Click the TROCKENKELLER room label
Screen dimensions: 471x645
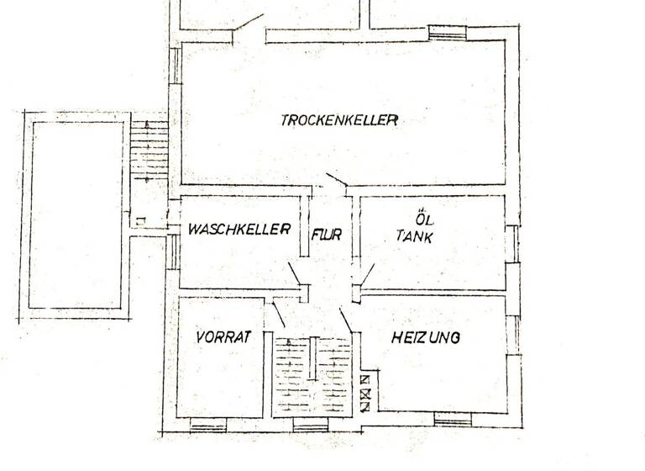click(338, 120)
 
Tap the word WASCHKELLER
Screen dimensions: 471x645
click(239, 229)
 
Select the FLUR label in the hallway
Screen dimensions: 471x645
click(327, 235)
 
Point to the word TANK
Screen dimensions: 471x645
click(414, 237)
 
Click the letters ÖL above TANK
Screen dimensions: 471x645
click(411, 214)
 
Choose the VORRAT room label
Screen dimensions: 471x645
click(223, 338)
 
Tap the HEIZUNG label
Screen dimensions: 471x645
click(426, 338)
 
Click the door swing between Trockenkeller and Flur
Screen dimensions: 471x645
click(336, 180)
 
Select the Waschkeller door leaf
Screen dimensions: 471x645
click(295, 274)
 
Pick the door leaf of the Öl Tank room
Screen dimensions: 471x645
click(368, 274)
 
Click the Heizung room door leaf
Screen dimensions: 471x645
click(346, 320)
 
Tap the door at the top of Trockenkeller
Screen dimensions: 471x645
click(248, 23)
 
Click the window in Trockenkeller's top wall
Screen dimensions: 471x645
click(447, 32)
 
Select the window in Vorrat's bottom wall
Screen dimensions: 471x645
click(208, 425)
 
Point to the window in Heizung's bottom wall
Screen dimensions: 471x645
click(453, 419)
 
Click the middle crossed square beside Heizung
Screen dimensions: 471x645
click(365, 393)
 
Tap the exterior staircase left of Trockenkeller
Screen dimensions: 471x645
click(149, 149)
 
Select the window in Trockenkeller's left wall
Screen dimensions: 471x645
click(176, 65)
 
